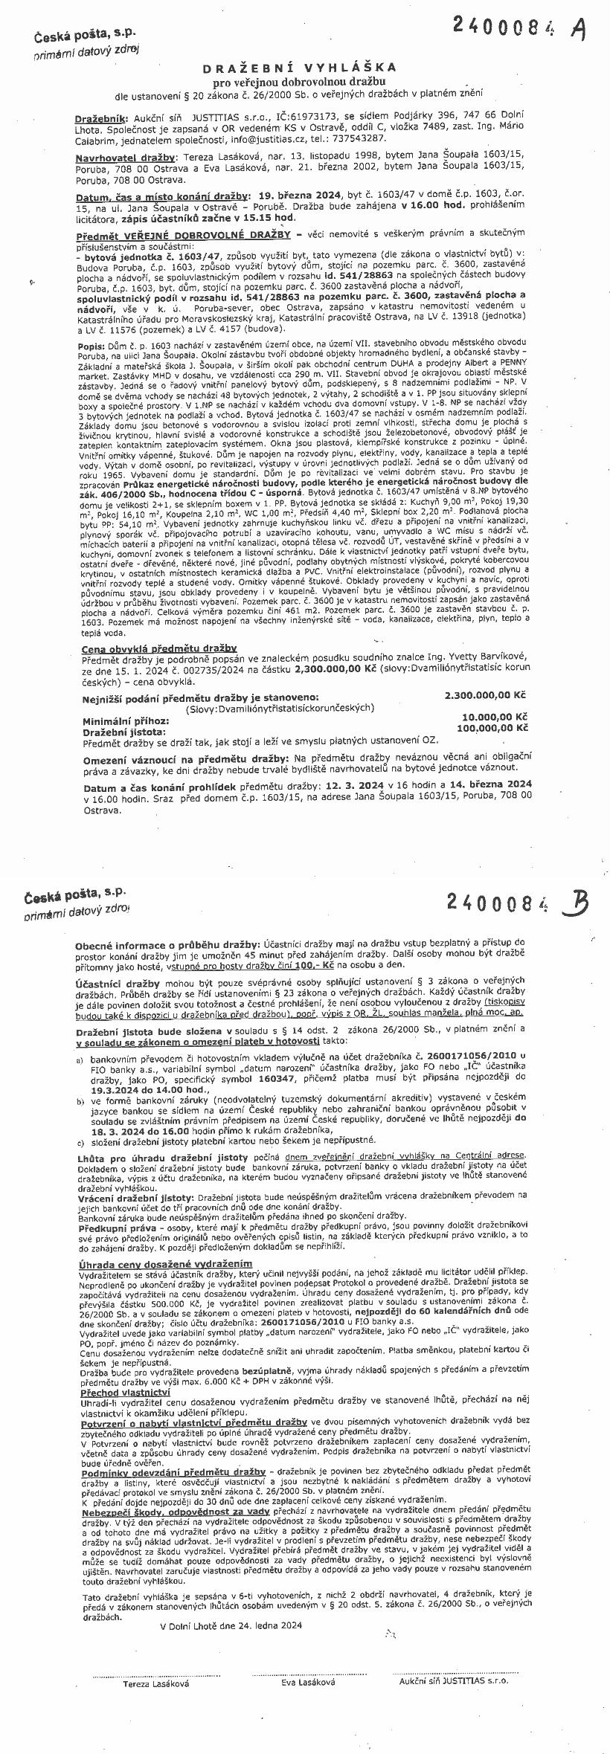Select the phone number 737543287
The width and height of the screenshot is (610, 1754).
click(x=362, y=138)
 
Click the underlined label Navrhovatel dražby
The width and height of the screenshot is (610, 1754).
click(x=126, y=158)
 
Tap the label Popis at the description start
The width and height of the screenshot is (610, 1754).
click(x=89, y=346)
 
